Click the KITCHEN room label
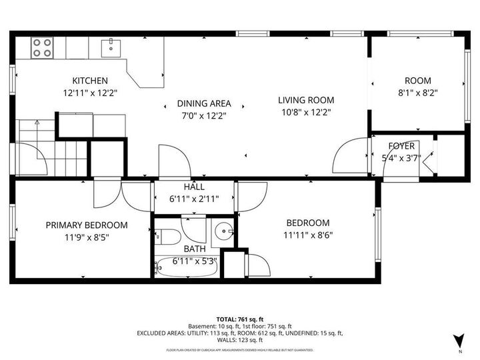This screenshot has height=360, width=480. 90,81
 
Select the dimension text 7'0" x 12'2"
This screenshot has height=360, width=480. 203,115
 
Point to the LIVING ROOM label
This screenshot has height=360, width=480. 306,100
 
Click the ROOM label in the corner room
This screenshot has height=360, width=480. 417,81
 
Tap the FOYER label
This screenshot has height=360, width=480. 401,146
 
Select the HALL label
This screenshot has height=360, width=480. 193,187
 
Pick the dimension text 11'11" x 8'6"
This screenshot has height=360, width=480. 308,235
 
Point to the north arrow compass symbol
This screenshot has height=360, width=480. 458,341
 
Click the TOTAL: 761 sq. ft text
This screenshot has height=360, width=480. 240,319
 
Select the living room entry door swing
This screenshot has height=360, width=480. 348,158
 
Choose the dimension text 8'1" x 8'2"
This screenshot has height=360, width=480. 417,93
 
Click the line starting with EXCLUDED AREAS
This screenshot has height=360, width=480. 240,333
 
